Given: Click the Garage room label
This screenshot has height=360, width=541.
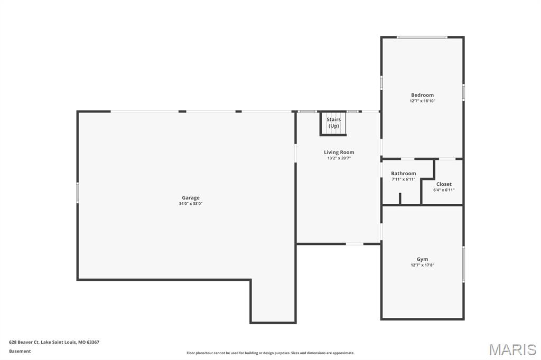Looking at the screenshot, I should click(191, 198).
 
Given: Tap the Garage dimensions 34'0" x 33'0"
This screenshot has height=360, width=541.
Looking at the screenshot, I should click(191, 204).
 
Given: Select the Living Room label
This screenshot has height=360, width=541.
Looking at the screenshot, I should click(339, 152).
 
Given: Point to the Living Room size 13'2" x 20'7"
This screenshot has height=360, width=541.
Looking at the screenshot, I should click(339, 158).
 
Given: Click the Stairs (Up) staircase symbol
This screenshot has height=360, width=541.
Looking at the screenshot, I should click(333, 124).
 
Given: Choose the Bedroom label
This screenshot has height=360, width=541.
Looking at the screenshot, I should click(422, 95).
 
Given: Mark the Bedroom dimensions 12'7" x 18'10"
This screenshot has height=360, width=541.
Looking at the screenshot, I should click(422, 101).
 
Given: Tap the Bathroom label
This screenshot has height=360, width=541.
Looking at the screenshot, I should click(403, 173).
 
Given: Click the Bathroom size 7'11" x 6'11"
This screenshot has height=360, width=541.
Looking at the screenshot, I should click(403, 179).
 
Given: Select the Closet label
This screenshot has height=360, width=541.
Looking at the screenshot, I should click(444, 184).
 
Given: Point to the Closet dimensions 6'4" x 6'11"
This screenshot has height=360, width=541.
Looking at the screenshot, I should click(444, 190).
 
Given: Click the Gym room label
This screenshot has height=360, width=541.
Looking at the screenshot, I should click(422, 259).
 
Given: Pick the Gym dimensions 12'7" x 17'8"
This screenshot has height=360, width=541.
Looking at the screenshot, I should click(422, 265).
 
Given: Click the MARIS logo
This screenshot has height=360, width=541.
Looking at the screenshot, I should click(512, 349).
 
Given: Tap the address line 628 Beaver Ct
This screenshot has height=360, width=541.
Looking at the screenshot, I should click(54, 342).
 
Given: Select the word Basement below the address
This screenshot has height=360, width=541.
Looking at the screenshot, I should click(20, 351).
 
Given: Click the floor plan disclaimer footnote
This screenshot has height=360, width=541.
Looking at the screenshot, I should click(270, 353).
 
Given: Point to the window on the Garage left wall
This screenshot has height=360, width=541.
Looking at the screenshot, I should click(78, 193).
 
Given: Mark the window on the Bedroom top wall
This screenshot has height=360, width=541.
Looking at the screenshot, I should click(422, 37).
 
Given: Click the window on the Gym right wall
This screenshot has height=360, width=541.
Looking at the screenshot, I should click(463, 264).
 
